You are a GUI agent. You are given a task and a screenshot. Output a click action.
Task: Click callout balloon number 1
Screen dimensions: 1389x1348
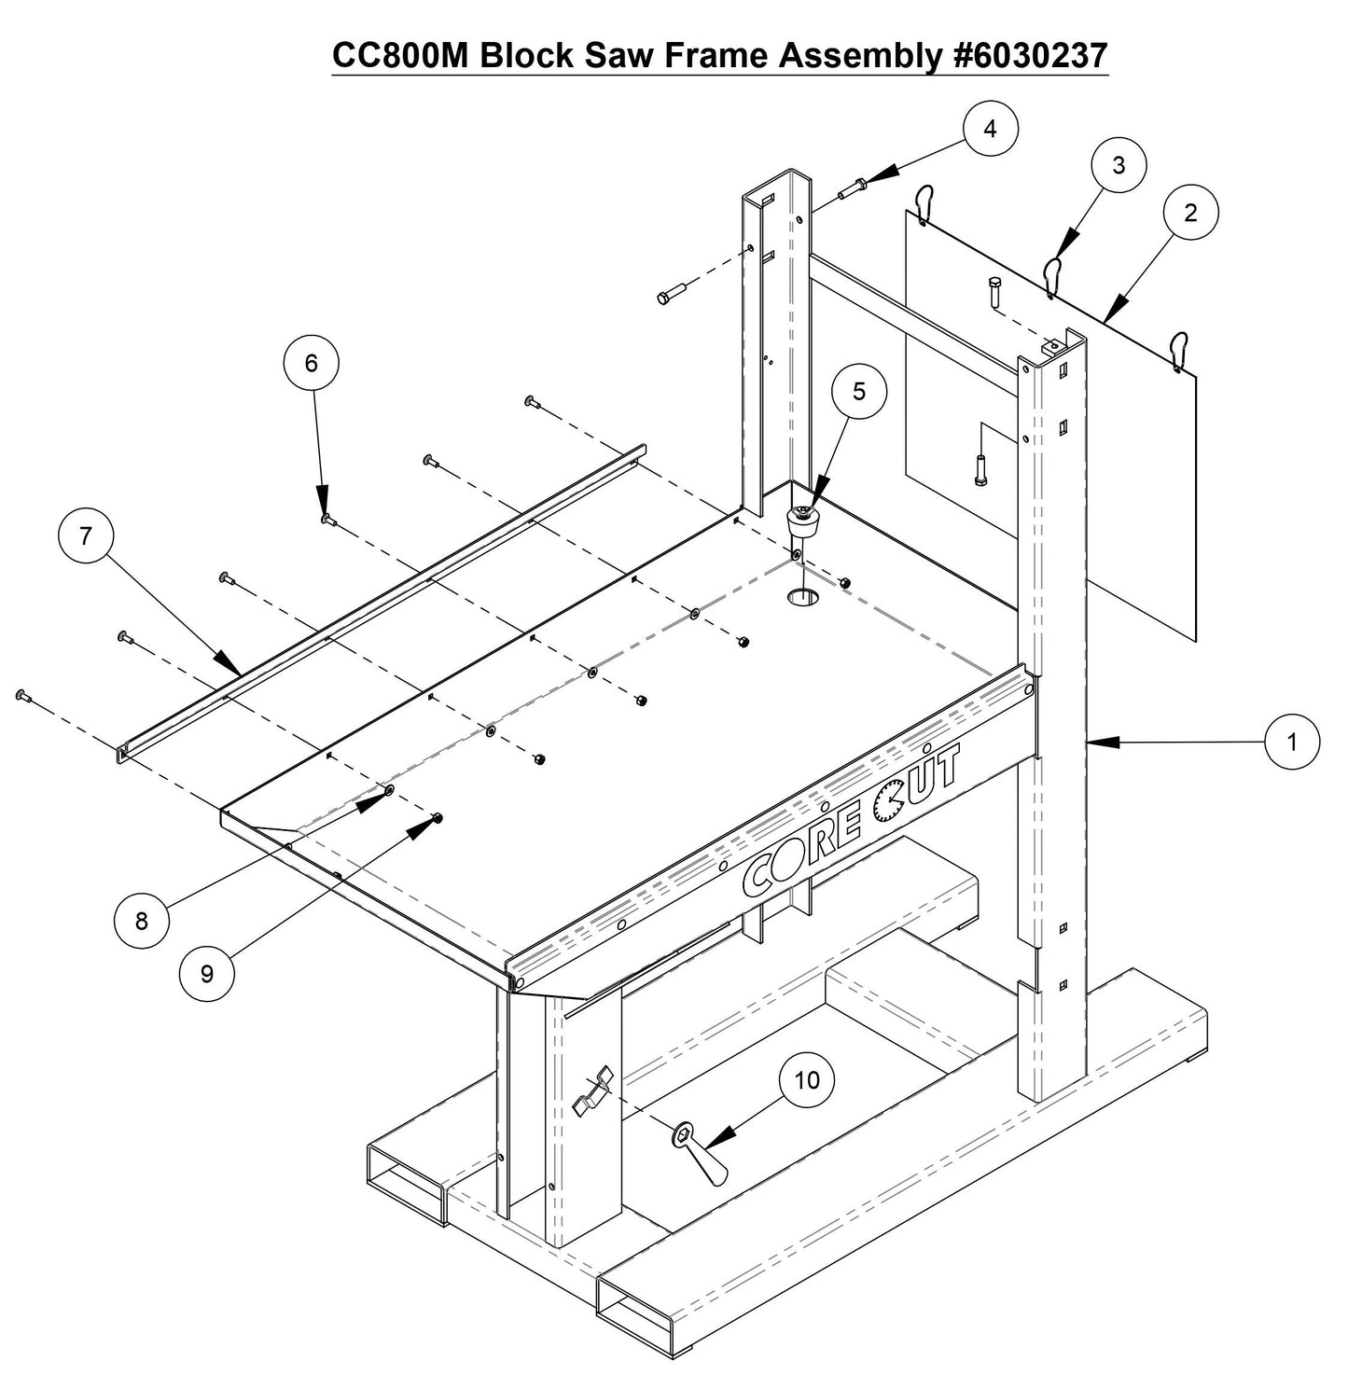coord(1292,742)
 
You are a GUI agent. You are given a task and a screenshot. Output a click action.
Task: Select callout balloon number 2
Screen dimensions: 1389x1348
coord(1190,213)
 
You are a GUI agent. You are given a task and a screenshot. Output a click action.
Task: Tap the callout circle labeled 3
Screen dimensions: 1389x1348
coord(1119,165)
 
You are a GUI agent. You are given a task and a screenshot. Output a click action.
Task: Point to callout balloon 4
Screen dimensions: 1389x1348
coord(990,129)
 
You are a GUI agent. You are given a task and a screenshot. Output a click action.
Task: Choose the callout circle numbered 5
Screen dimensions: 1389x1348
coord(859,392)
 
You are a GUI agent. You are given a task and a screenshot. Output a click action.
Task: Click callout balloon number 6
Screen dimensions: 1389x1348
coord(312,363)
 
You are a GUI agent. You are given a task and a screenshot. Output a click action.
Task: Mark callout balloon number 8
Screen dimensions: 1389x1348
coord(141,921)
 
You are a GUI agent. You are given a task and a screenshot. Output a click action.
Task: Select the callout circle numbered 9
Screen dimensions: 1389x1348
coord(207,973)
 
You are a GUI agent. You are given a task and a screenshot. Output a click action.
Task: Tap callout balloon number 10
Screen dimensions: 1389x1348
coord(807,1079)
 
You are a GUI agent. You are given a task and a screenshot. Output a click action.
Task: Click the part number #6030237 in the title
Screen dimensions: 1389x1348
coord(1026,56)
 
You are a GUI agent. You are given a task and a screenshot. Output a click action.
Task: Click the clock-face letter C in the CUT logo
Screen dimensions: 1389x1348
coord(887,803)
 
